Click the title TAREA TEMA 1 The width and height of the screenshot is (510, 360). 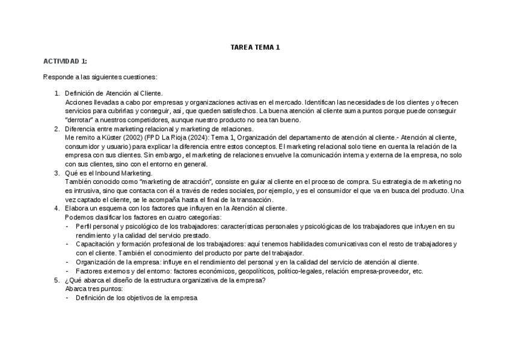click(x=255, y=47)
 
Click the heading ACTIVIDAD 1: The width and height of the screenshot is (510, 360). click(x=65, y=61)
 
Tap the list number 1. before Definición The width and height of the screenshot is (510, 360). click(x=57, y=93)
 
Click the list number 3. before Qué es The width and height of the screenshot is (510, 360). click(x=57, y=173)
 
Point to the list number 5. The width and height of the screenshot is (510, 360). click(x=57, y=280)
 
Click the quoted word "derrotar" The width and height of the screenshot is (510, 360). click(x=81, y=120)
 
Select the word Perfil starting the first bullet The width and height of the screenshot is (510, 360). click(x=85, y=227)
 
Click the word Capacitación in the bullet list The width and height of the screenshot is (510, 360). click(x=96, y=244)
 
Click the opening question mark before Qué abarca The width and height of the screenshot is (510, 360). click(x=67, y=280)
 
